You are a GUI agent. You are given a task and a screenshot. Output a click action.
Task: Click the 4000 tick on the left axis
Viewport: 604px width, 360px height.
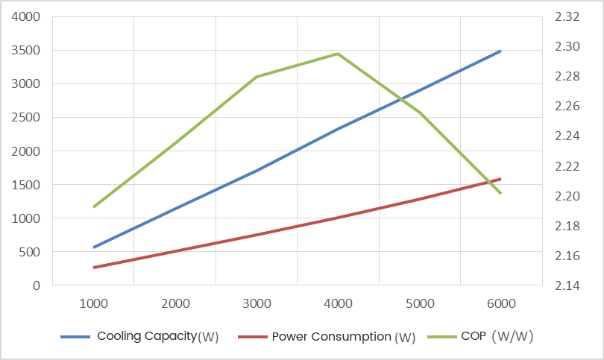pos(25,16)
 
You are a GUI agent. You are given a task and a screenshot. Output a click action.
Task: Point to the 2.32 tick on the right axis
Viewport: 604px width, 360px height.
pos(567,16)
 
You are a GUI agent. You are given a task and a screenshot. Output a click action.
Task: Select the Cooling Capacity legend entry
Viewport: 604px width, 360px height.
pos(157,336)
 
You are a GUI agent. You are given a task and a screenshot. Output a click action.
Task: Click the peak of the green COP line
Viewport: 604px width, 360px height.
pos(338,54)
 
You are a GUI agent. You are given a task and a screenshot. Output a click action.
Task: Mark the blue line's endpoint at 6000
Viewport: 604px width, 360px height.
pos(501,51)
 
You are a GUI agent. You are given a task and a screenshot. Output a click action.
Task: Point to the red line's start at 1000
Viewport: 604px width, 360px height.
pos(94,267)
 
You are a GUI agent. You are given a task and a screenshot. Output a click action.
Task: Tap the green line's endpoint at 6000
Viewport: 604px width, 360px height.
pos(501,193)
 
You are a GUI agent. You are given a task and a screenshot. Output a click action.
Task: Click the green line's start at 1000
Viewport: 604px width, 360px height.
pos(94,206)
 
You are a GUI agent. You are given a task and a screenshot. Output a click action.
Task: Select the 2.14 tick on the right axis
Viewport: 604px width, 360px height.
pos(567,285)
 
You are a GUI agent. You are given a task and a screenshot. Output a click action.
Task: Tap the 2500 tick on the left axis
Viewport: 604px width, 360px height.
pos(25,117)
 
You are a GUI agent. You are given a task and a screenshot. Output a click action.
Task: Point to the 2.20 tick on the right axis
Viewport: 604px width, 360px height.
pos(567,196)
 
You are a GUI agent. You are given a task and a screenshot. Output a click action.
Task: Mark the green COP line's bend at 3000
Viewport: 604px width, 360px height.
pos(257,77)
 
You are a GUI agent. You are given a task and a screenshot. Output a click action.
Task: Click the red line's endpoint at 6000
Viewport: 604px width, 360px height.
pos(501,179)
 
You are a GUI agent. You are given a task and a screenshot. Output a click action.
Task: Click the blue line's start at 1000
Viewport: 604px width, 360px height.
pos(94,247)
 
